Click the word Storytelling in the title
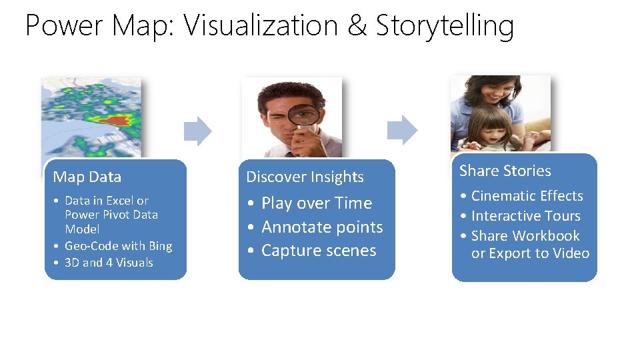click(x=445, y=27)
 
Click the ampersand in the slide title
click(x=357, y=27)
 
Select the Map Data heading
click(x=87, y=177)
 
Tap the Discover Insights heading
click(x=305, y=177)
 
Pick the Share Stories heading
click(x=505, y=171)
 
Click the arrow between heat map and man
click(x=197, y=131)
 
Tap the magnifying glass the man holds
click(x=303, y=113)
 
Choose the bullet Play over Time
click(x=316, y=203)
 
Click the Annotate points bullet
click(x=322, y=227)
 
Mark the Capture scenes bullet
click(x=319, y=251)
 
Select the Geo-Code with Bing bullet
click(x=118, y=246)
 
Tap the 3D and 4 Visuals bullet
click(x=109, y=263)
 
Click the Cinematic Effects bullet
click(x=527, y=196)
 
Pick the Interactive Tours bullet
click(x=525, y=216)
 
